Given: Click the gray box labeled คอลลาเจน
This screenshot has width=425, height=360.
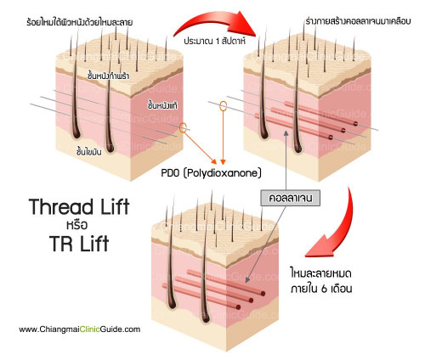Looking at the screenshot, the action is (291, 198).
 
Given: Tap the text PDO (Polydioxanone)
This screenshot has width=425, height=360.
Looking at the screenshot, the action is (211, 173).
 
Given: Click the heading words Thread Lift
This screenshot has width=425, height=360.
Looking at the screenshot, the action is (79, 206).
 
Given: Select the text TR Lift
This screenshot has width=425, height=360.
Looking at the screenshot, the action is (79, 243).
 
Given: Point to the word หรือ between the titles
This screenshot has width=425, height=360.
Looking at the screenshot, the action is (77, 225).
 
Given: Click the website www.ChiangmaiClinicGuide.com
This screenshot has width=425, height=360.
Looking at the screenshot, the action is (80, 329).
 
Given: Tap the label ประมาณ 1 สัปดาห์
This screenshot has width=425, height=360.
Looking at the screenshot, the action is (214, 41).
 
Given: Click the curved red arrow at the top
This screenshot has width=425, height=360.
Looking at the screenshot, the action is (215, 24).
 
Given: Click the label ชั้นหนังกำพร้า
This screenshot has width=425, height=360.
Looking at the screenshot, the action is (109, 76).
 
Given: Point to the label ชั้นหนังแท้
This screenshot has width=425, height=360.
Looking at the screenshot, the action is (162, 105).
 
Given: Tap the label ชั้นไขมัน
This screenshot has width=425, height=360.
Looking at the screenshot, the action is (89, 151).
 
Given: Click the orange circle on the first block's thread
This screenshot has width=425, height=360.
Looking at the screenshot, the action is (183, 127).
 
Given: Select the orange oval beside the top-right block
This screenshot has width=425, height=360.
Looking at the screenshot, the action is (224, 106).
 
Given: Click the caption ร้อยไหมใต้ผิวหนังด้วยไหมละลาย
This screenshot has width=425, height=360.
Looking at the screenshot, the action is (80, 22).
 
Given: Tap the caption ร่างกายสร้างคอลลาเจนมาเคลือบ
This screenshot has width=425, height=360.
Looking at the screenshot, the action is (358, 21).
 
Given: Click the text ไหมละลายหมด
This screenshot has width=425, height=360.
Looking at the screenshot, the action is (321, 273).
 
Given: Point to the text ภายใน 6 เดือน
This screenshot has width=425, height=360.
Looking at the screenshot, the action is (321, 289).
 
